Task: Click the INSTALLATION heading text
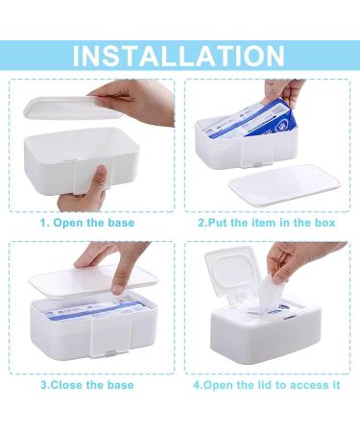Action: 180,55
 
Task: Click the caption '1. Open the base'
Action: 87,222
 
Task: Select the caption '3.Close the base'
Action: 87,385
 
